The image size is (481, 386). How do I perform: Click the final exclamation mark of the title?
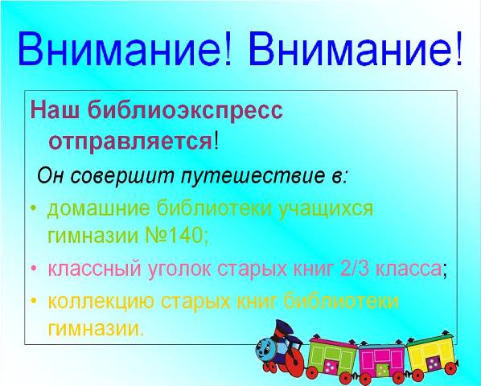458,47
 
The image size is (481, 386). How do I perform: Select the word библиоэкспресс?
185,109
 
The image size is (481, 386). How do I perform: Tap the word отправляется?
130,141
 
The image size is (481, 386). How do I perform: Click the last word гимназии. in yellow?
96,329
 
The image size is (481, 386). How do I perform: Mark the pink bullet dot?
34,269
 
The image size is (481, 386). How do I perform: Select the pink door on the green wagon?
331,367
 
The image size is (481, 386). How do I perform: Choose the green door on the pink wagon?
382,369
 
